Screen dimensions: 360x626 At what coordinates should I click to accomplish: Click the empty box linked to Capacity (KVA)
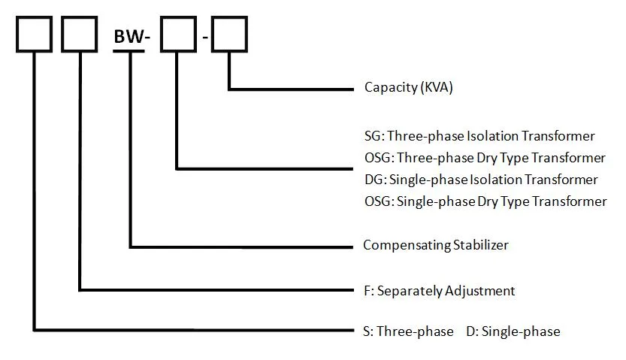point(229,35)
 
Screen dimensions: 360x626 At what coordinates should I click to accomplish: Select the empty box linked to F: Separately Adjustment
point(79,35)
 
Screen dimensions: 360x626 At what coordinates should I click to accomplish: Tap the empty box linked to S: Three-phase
point(34,35)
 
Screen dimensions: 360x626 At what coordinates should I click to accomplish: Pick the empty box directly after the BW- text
point(178,35)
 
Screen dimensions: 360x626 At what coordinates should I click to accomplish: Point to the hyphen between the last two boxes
point(204,38)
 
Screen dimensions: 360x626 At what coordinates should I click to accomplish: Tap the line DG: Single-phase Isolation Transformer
point(480,180)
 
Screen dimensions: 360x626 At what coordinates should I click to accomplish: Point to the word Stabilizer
point(480,245)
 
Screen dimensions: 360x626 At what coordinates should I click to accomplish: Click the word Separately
point(412,290)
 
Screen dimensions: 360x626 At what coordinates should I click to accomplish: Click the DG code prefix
point(371,180)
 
